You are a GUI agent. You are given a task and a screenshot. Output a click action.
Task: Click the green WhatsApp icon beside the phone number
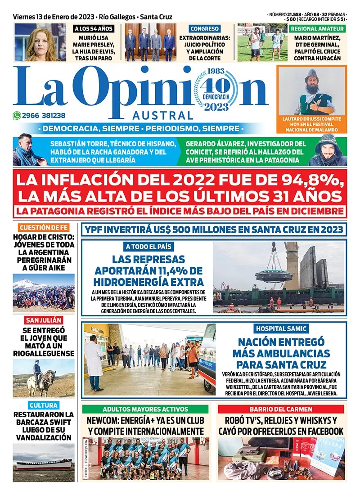pos(17,115)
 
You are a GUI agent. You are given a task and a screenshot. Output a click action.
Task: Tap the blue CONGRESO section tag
pos(204,28)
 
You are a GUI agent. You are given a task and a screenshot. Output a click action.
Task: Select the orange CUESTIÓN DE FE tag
pos(44,227)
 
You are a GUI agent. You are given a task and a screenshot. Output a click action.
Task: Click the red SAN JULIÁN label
pos(44,320)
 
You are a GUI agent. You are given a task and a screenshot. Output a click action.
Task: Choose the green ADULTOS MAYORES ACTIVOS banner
pos(145,409)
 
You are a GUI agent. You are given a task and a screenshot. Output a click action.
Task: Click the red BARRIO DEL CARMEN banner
pos(281,409)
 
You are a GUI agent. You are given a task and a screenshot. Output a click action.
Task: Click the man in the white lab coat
pos(94,360)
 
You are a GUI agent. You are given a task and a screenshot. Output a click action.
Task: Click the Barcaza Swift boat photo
pos(43,463)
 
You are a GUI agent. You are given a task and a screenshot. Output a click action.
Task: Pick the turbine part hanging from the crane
pos(274,274)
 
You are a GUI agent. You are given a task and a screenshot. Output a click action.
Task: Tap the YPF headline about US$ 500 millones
pos(214,229)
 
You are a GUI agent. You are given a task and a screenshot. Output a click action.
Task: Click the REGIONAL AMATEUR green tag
pos(318,28)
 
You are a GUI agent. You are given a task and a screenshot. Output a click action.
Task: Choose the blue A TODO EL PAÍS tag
pos(147,247)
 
